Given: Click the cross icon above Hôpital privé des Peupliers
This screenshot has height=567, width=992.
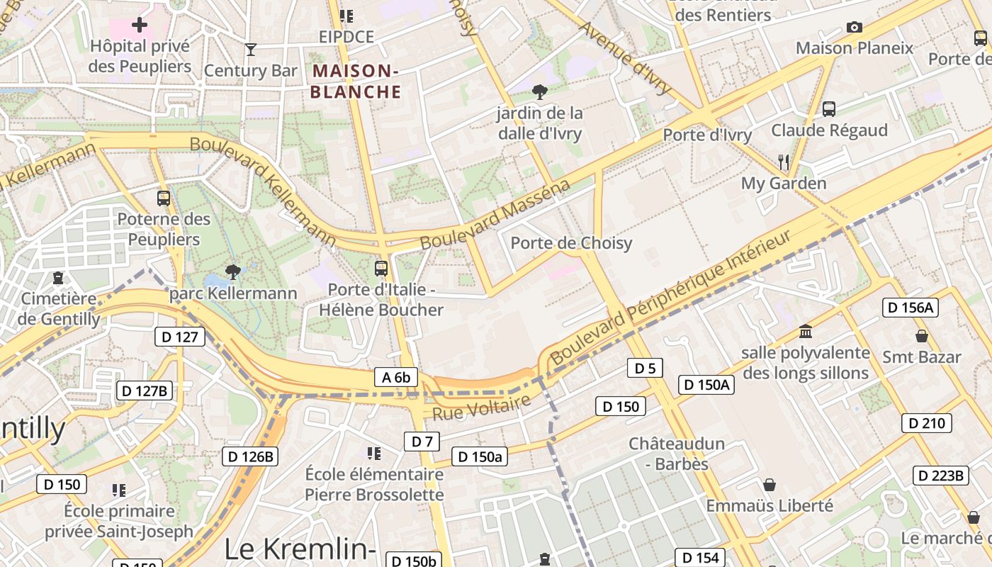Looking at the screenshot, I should tap(140, 25).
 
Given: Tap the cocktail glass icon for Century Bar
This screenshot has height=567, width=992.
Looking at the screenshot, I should tap(250, 49).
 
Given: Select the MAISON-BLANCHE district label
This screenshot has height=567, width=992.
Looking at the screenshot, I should tap(355, 81).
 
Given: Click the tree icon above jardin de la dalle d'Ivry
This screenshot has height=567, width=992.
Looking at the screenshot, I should tap(540, 91).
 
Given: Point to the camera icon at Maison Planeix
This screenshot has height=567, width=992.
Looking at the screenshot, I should tap(855, 27).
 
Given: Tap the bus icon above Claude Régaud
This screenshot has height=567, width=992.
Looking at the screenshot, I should tap(829, 108).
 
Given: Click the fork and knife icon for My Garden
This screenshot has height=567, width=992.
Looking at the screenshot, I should tap(784, 162).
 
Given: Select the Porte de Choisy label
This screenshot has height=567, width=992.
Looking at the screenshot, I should tap(571, 243).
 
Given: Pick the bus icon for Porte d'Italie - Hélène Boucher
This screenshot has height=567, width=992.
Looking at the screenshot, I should tap(381, 268).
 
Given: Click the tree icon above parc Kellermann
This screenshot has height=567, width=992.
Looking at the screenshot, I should tap(232, 271).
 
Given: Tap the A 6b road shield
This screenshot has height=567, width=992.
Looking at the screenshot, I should tap(396, 377).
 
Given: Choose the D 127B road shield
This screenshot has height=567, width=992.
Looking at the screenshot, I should tap(145, 390).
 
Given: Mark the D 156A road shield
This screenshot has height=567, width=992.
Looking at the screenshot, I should tap(911, 307).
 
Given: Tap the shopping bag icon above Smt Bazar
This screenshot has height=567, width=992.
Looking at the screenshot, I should tap(922, 335).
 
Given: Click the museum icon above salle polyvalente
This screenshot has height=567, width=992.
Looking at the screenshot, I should tap(806, 331).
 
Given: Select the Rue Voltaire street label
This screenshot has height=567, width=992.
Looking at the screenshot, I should tap(481, 408).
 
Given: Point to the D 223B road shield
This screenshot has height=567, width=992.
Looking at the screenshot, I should tap(940, 475).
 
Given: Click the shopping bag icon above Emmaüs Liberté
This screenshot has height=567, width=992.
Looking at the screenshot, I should tap(770, 485).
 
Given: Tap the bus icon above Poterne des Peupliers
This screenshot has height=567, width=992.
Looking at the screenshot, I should tap(164, 198).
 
